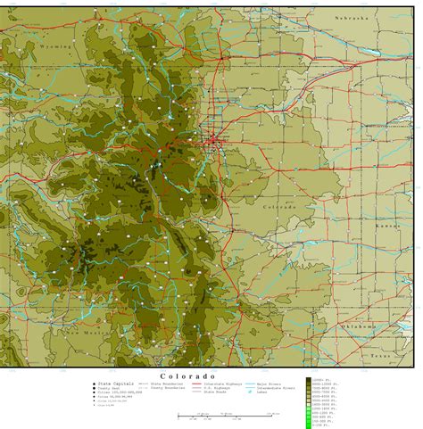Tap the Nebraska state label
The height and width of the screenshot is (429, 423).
[x=352, y=18]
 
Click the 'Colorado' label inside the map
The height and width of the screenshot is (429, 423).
[x=278, y=207]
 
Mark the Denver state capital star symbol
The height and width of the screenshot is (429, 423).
[x=212, y=140]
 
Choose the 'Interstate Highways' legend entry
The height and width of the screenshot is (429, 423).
[x=221, y=384]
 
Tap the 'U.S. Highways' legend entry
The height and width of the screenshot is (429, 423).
[x=217, y=388]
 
